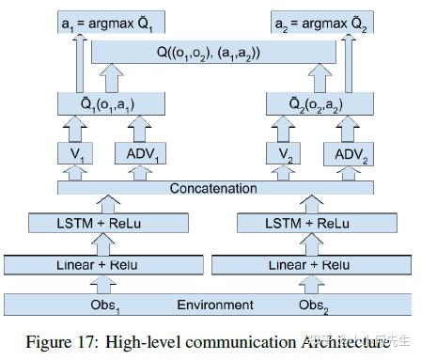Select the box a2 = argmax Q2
point(318,20)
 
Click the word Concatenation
point(213,189)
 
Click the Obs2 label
point(313,305)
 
